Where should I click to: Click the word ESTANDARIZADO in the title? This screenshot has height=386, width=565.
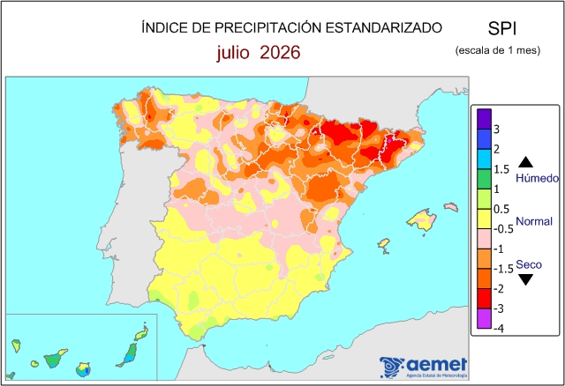click(x=384, y=27)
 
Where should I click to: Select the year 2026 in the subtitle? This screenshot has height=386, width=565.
click(x=280, y=53)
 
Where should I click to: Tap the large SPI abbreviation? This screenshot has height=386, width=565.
click(x=502, y=28)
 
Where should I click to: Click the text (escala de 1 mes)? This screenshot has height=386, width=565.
click(x=498, y=50)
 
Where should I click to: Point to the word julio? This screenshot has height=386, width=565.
click(x=233, y=53)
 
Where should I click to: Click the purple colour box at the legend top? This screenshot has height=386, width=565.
click(x=484, y=119)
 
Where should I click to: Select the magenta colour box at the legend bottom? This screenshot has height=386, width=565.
click(x=484, y=318)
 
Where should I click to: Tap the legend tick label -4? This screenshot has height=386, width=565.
click(x=499, y=328)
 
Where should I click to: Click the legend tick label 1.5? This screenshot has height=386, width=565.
click(x=501, y=169)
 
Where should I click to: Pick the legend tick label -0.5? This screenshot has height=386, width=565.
click(x=503, y=229)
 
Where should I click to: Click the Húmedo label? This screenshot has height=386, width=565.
click(x=538, y=178)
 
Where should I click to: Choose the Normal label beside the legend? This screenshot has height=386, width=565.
click(x=534, y=221)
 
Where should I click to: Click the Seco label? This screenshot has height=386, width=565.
click(x=529, y=264)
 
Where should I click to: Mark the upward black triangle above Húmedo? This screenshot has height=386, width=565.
click(x=525, y=163)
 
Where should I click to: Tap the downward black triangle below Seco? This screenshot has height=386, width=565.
click(x=525, y=279)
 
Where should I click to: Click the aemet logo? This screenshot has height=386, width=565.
click(x=424, y=367)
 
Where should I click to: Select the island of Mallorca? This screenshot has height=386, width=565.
click(x=421, y=219)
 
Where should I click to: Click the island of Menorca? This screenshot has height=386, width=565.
click(x=451, y=207)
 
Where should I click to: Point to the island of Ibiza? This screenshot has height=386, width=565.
click(x=384, y=243)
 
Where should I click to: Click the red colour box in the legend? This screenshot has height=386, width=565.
click(x=484, y=299)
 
